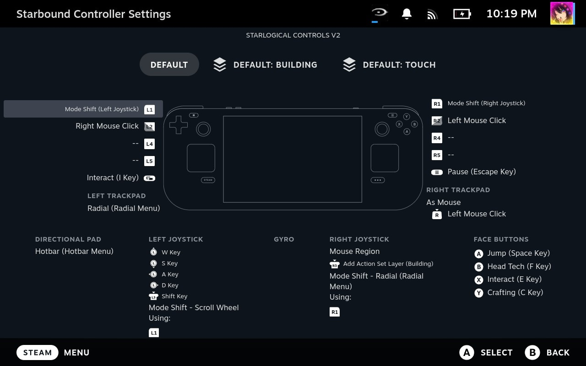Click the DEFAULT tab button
tap(169, 65)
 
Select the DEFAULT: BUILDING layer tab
tap(266, 65)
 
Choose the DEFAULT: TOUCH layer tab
tap(390, 65)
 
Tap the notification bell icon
tap(407, 14)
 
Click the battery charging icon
tap(462, 14)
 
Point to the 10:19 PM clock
tap(511, 14)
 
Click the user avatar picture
tap(562, 13)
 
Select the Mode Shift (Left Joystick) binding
tap(102, 109)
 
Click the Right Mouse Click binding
tap(107, 126)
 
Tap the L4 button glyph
tap(149, 144)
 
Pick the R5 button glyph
tap(437, 155)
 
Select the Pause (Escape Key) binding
tap(482, 172)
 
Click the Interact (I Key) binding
tap(113, 178)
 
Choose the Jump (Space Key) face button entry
tap(518, 253)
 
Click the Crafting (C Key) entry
tap(515, 292)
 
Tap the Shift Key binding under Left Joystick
tap(174, 296)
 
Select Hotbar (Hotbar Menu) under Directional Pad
tap(74, 251)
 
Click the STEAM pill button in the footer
tap(38, 352)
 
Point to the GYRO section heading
tap(284, 239)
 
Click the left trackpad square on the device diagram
tap(201, 158)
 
